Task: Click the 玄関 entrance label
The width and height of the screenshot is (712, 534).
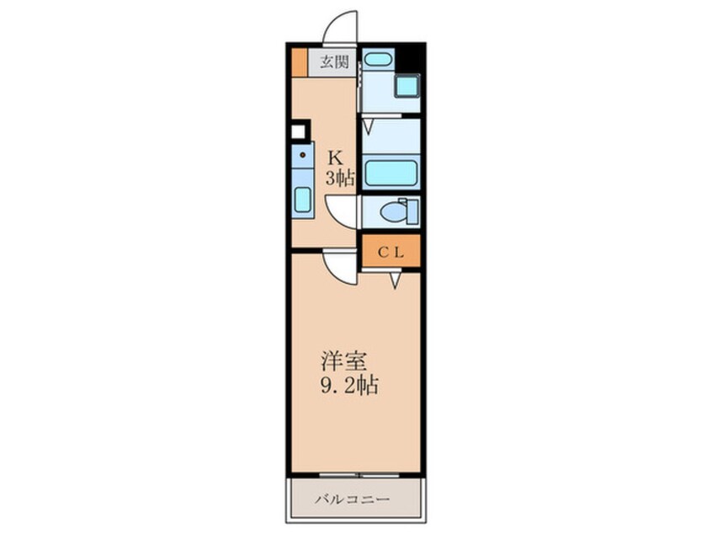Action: click(334, 61)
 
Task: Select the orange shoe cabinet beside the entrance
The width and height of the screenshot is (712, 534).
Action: click(299, 61)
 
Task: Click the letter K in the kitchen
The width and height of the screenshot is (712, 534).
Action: click(334, 157)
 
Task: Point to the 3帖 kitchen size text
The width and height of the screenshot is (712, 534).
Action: click(339, 177)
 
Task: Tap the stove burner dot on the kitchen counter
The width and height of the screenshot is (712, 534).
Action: click(300, 157)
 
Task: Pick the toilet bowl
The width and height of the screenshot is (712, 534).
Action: click(393, 212)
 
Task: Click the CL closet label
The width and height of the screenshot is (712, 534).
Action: click(391, 251)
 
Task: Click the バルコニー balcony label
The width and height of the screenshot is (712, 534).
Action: click(352, 499)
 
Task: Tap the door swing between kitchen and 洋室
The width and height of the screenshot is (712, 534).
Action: click(341, 268)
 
